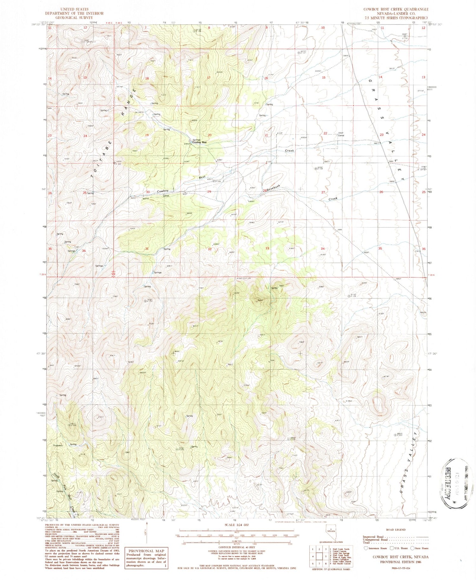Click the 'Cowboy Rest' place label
pyautogui.click(x=200, y=143)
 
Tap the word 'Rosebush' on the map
pyautogui.click(x=273, y=188)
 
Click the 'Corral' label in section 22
pyautogui.click(x=341, y=136)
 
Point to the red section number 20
pyautogui.click(x=209, y=135)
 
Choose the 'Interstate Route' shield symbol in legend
pyautogui.click(x=366, y=548)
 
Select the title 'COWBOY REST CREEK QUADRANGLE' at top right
pyautogui.click(x=396, y=10)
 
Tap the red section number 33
pyautogui.click(x=267, y=249)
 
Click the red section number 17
pyautogui.click(x=208, y=78)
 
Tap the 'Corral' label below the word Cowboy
pyautogui.click(x=166, y=196)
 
